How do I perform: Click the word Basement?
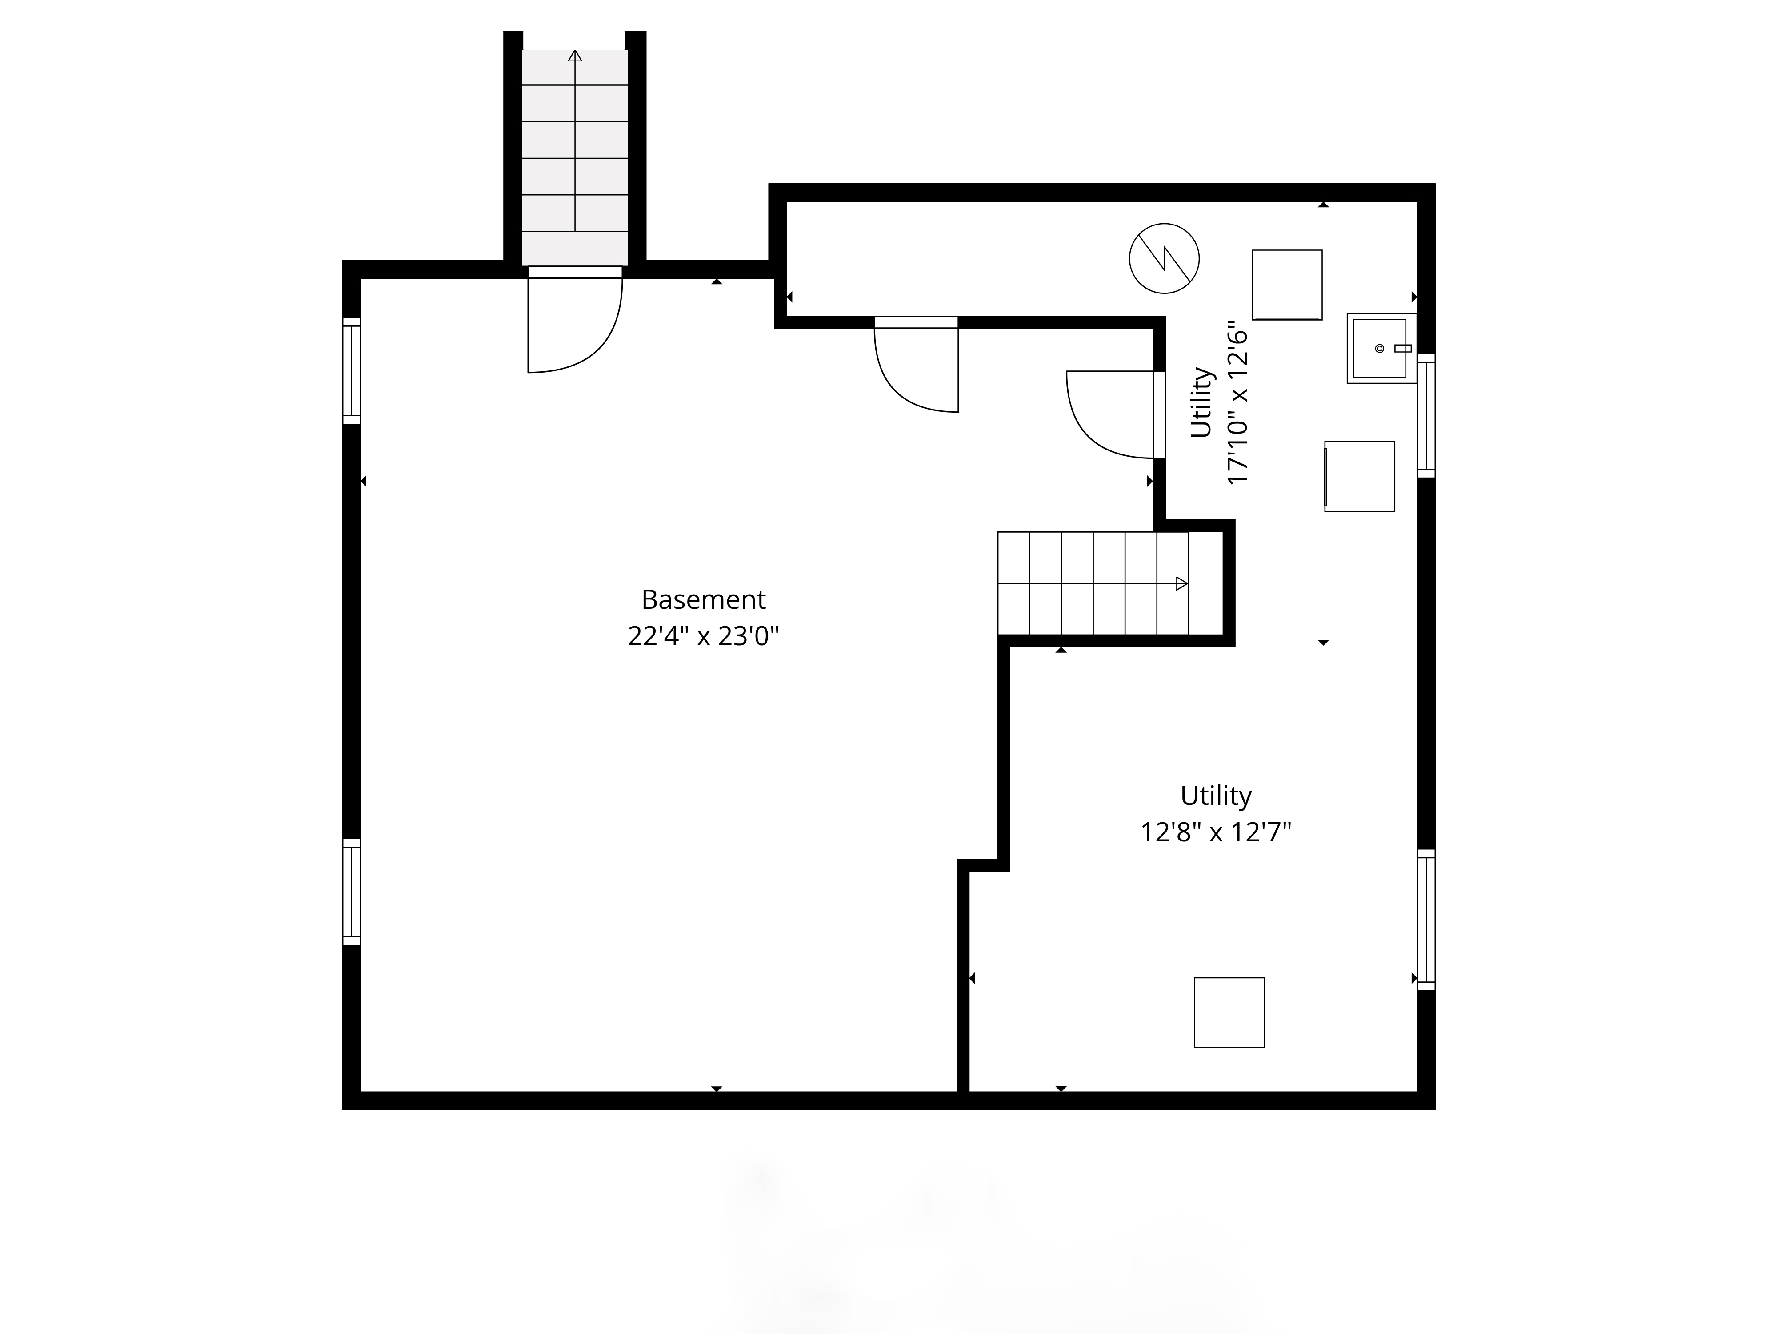(x=703, y=600)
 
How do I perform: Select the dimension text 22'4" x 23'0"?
(x=703, y=637)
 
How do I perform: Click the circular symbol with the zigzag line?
(x=1164, y=258)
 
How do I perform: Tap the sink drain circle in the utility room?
(x=1379, y=348)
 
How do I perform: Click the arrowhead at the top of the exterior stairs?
(x=575, y=56)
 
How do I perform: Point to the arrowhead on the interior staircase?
(x=1181, y=584)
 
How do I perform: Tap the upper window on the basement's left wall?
(x=351, y=371)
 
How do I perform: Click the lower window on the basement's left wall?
(x=351, y=892)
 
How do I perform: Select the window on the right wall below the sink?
(x=1426, y=416)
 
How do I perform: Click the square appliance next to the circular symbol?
(x=1287, y=285)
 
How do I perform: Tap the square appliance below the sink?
(x=1359, y=476)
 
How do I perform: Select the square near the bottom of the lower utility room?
(x=1229, y=1013)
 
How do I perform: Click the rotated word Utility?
(x=1201, y=403)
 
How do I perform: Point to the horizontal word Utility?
(x=1216, y=795)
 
